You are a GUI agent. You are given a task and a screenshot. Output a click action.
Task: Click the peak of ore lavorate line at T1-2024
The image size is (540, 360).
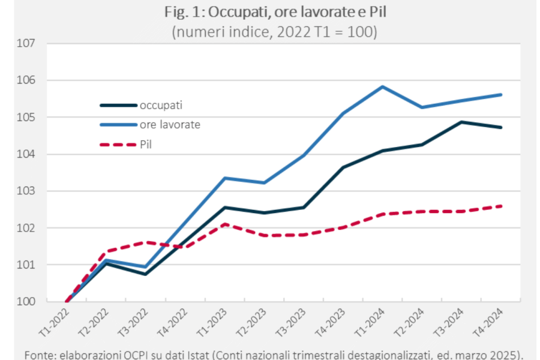(x=382, y=86)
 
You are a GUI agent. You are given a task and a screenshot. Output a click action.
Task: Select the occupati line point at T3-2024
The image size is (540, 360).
(x=461, y=122)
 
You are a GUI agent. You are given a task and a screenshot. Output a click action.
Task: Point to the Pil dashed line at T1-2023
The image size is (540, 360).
(x=224, y=224)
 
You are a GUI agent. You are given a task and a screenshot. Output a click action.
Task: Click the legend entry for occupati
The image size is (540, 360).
(x=161, y=106)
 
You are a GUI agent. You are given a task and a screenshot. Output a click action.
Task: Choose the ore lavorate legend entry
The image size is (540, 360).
(x=170, y=125)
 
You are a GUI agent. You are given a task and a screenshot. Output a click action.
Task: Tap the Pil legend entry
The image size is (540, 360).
(x=145, y=144)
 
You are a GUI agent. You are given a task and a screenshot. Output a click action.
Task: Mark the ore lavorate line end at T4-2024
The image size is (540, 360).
(x=501, y=94)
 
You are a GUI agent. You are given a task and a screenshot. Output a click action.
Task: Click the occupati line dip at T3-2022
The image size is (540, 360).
(x=145, y=274)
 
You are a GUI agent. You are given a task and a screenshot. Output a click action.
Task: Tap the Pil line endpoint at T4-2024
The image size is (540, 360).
(x=501, y=206)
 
